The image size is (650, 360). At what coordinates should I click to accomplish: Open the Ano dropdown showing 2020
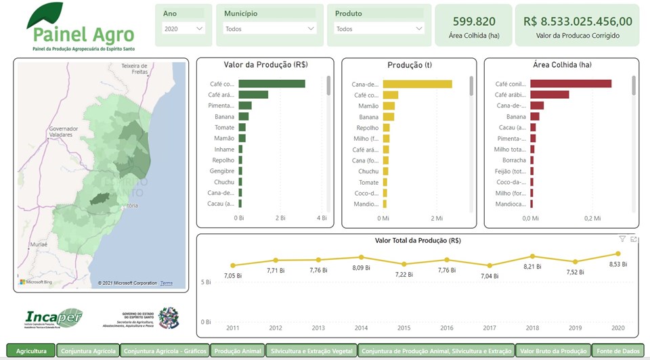(x=183, y=28)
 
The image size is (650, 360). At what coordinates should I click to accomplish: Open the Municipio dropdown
(x=269, y=28)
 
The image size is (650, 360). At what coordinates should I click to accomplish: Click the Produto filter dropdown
(x=379, y=28)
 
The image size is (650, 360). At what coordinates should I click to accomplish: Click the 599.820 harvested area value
(x=474, y=22)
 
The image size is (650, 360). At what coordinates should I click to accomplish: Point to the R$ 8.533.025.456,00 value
(x=578, y=22)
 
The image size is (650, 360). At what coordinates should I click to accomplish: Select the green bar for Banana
(x=244, y=116)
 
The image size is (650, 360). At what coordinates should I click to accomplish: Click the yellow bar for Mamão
(x=389, y=106)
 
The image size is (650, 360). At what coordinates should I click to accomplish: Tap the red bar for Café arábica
(x=549, y=95)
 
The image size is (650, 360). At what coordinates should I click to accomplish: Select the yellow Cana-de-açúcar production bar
(x=417, y=84)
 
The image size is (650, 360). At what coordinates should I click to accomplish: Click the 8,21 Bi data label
(x=532, y=267)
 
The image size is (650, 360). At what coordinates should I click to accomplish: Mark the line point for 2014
(x=361, y=257)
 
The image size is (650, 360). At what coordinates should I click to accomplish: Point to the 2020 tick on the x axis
(x=617, y=328)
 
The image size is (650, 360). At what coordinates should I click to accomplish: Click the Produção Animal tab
(x=237, y=351)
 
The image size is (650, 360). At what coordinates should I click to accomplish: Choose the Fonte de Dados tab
(x=617, y=351)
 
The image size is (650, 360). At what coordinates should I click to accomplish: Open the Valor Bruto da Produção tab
(x=553, y=351)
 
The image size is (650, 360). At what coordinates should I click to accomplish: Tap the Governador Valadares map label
(x=64, y=131)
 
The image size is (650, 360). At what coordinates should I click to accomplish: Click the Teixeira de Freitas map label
(x=134, y=68)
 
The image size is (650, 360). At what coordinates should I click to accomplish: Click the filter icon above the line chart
(x=622, y=239)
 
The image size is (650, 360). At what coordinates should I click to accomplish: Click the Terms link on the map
(x=167, y=283)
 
